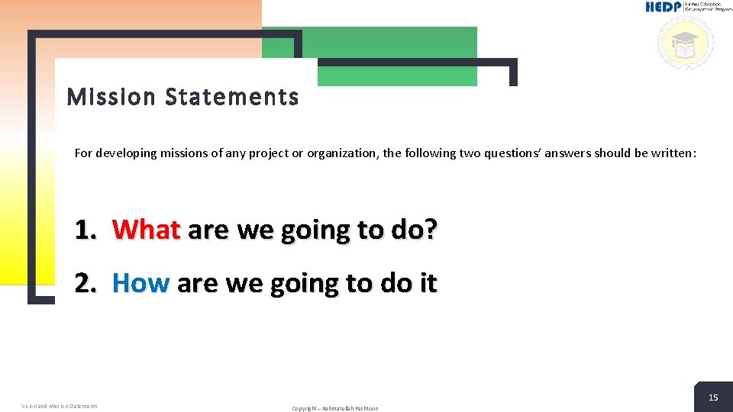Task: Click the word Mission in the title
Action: [111, 98]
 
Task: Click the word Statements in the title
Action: [231, 98]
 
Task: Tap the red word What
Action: [146, 230]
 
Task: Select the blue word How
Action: [140, 283]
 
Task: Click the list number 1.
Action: [85, 230]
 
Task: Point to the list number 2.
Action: [85, 283]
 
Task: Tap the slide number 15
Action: [713, 398]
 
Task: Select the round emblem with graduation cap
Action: [685, 43]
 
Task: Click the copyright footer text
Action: [334, 408]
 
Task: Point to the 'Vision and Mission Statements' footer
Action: [60, 406]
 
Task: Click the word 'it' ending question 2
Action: [428, 283]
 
